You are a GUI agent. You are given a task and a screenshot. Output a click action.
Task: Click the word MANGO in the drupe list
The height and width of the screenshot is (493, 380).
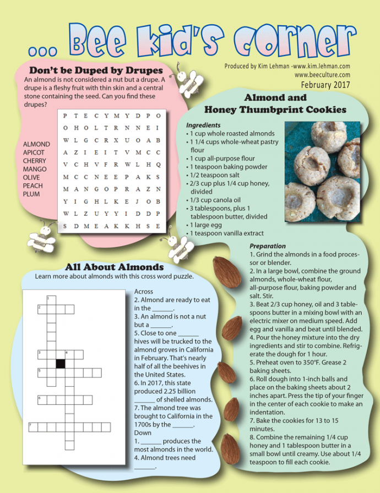pos(35,169)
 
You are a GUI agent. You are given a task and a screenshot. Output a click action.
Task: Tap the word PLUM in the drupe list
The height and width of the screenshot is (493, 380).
pos(31,194)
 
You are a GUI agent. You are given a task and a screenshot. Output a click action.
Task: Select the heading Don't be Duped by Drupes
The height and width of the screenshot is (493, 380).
pos(96,70)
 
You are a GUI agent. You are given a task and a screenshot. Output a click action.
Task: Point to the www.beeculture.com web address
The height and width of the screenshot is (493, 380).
pos(322,75)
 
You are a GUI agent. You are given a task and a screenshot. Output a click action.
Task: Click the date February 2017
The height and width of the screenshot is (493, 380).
pos(325,85)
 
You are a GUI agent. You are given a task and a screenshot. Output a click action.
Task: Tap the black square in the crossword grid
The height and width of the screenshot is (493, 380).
pos(61,363)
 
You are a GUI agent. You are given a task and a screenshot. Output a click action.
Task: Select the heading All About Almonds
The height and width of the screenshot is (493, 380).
pos(115,267)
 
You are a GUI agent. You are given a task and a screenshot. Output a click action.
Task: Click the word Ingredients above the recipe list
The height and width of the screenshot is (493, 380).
pos(203,125)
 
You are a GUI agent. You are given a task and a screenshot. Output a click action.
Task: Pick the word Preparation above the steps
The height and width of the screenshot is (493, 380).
pos(268,246)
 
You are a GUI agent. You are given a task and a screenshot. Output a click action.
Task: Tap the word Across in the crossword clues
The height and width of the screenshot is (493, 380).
pos(144,292)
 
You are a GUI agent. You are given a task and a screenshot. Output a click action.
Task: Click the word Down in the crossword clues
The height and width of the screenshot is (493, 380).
pos(143,433)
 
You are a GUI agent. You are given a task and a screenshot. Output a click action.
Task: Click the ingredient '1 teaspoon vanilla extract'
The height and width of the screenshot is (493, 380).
pos(226,233)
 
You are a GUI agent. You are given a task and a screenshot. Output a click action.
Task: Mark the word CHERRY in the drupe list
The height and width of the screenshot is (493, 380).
pos(35,161)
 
